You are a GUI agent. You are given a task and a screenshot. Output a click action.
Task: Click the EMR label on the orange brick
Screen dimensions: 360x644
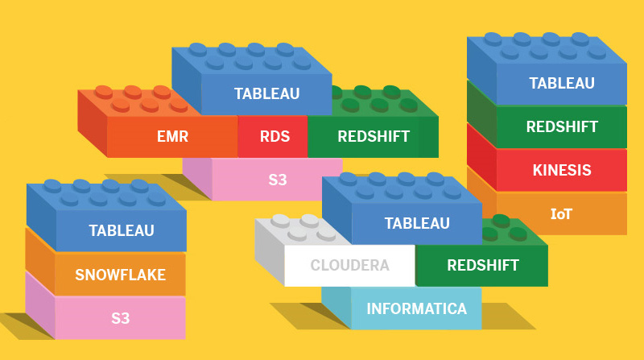[x=172, y=136]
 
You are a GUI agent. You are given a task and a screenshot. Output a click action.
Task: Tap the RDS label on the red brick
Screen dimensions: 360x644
[x=274, y=136]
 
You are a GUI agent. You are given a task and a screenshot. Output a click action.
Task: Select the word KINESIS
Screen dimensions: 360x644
[x=561, y=170]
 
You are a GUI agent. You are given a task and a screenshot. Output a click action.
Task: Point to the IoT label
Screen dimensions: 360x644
[x=561, y=213]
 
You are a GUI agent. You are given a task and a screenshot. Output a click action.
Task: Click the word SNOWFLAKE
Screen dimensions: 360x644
[x=120, y=275]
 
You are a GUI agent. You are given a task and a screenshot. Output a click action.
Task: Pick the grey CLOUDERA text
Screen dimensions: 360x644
[x=349, y=265]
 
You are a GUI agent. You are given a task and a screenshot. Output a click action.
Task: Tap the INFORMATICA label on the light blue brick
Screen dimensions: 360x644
[x=416, y=308]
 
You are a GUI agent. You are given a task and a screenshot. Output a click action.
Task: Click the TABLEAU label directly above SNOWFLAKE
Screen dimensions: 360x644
[x=121, y=231]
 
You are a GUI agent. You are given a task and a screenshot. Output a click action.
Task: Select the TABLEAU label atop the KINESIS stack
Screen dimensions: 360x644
[x=561, y=83]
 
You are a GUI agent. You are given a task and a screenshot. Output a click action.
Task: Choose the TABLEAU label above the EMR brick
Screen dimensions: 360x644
[x=266, y=93]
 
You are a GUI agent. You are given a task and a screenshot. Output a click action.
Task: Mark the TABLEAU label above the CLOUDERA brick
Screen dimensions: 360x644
[x=416, y=223]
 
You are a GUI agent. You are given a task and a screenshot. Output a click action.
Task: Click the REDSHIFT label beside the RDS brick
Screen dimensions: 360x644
[x=374, y=136]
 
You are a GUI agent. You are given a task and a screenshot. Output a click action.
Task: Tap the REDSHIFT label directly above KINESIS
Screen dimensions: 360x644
[x=561, y=126]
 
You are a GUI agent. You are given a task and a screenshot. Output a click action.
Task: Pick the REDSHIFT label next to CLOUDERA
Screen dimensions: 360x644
[x=483, y=265]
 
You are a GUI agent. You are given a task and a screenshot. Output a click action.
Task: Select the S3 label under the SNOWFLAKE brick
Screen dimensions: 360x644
[x=121, y=318]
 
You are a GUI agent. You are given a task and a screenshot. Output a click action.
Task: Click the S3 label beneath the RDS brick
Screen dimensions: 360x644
[x=277, y=179]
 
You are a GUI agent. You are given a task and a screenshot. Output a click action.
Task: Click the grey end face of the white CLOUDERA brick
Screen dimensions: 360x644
[x=270, y=250]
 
